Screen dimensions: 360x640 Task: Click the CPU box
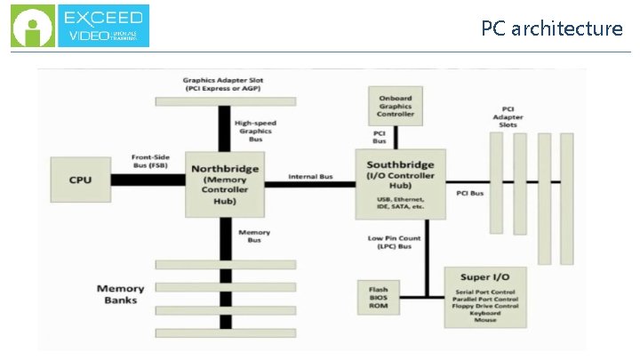pos(80,180)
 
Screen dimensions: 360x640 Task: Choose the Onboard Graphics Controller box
pos(396,107)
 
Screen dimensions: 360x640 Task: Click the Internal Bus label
pos(310,177)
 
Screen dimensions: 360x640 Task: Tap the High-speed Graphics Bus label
pos(253,130)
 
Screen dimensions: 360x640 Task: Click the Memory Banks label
pos(120,294)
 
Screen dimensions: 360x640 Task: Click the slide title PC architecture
pos(551,28)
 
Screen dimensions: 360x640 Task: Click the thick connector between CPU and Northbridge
pos(148,180)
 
